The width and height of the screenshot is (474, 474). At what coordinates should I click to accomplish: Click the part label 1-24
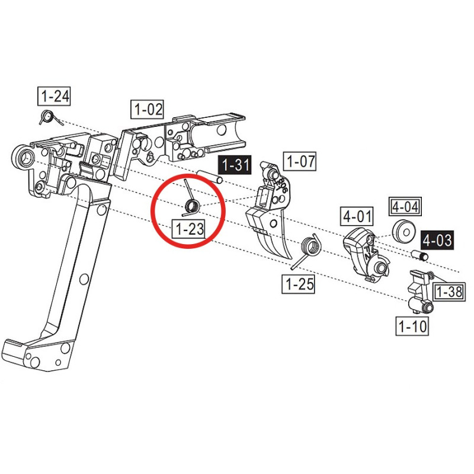coord(54,97)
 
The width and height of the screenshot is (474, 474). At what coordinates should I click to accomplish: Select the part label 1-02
coord(147,109)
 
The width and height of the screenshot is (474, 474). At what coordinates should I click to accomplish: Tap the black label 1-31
coord(235,165)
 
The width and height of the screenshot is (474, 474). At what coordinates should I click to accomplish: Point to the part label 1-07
coord(300,161)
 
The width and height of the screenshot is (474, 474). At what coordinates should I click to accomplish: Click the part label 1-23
coord(189,229)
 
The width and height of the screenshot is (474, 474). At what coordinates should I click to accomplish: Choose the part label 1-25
coord(299,284)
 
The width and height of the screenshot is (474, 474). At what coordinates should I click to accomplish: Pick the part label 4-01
coord(357,216)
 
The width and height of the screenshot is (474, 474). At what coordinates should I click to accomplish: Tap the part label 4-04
coord(405,206)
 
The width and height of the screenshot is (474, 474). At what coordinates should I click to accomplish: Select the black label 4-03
coord(437,240)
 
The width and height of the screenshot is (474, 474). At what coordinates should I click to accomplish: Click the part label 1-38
coord(449,292)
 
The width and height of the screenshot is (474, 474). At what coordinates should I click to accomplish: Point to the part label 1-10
coord(412,326)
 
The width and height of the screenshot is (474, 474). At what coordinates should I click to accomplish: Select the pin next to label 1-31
coord(210,177)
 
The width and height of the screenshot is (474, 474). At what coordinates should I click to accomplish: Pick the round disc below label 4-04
coord(404,231)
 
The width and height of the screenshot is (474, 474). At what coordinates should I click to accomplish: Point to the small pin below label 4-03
coord(419,255)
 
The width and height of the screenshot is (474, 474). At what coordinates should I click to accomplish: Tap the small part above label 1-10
coord(420,291)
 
